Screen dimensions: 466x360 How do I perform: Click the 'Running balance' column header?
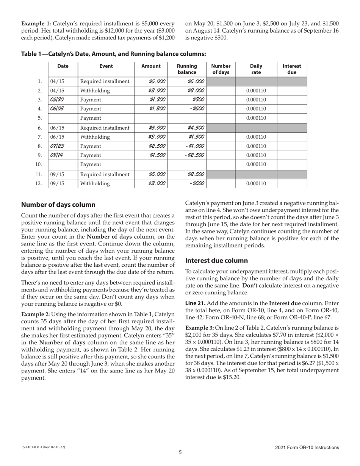tap(187, 69)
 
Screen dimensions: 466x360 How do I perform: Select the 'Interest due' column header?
tap(292, 69)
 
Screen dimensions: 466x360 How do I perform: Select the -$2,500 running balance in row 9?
tap(194, 155)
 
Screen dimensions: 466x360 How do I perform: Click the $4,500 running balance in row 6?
tap(196, 128)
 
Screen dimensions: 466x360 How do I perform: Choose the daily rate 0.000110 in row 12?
tap(256, 183)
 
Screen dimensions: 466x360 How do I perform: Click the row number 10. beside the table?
tap(38, 164)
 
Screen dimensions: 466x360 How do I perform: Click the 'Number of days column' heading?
tap(58, 205)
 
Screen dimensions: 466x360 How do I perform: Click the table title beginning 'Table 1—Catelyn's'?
tap(113, 54)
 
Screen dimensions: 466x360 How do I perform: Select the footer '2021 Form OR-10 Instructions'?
tap(307, 447)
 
